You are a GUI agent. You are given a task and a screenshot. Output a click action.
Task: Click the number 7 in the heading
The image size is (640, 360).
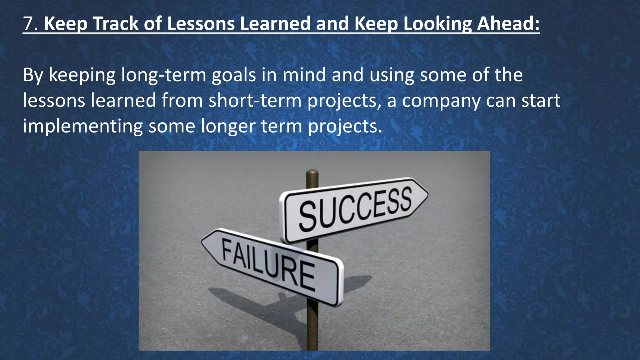28,24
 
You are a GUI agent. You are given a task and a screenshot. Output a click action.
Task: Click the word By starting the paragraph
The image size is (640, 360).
33,76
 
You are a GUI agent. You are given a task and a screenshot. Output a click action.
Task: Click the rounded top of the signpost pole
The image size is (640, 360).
312,172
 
